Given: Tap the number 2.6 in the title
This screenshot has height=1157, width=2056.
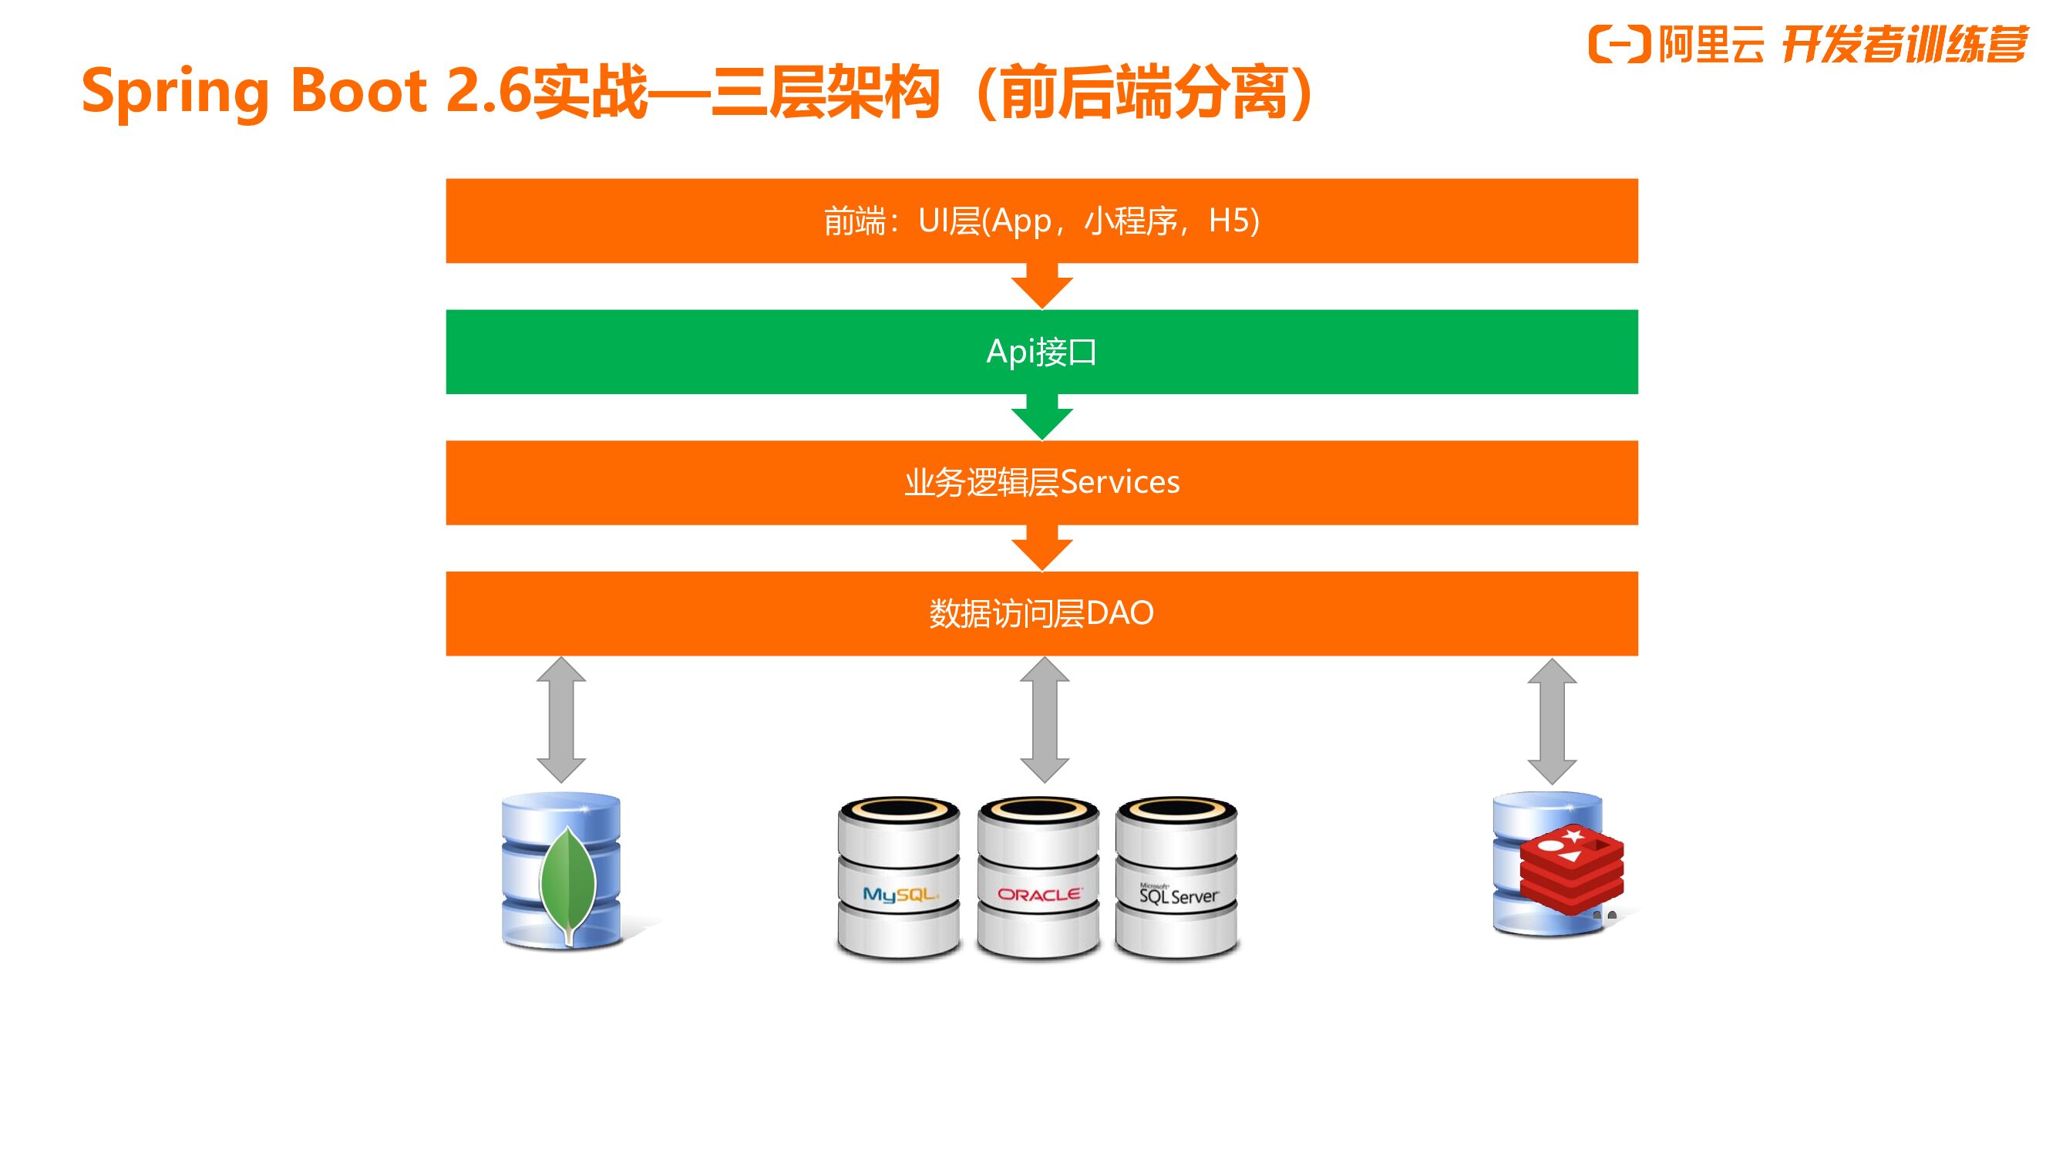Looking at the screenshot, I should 488,90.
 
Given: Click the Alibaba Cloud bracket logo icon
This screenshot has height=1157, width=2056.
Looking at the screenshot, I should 1619,44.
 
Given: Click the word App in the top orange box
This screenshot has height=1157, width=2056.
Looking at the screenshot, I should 1021,221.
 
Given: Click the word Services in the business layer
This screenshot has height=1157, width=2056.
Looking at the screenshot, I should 1120,482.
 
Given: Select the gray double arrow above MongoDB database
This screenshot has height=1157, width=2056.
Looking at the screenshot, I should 561,720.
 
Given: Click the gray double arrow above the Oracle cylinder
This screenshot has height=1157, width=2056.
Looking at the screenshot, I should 1044,720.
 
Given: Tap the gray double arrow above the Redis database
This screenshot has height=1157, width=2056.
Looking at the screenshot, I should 1552,721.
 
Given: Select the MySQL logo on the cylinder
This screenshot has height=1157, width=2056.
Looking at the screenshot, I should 899,894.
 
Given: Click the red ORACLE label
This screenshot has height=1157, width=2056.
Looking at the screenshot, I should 1039,895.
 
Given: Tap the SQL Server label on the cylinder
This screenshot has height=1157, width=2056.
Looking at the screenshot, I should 1178,895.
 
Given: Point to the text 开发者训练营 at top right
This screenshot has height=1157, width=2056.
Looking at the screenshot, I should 1904,44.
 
